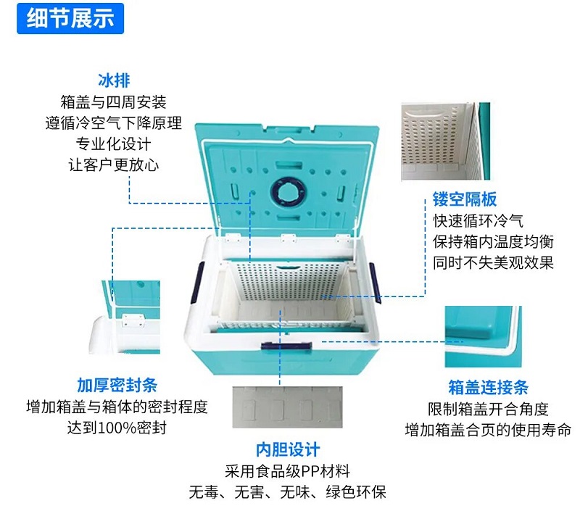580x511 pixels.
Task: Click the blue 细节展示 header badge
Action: tap(70, 19)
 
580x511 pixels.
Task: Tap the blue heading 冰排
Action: tap(114, 80)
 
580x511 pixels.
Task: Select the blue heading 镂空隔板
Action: tap(465, 199)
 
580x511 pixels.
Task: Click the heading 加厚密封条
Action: tap(117, 386)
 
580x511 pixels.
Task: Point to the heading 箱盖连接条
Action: tap(488, 388)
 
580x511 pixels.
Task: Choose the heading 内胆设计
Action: tap(288, 449)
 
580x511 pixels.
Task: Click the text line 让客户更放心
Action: tap(114, 165)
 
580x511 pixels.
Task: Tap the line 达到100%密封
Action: tap(117, 428)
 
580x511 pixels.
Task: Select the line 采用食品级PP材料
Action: tap(287, 471)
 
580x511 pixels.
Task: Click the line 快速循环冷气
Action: tap(478, 221)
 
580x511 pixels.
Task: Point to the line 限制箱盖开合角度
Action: tap(488, 409)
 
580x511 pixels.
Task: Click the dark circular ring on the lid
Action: tap(288, 192)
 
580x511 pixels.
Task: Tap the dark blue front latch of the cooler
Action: tap(286, 346)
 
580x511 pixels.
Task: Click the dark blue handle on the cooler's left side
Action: tap(198, 283)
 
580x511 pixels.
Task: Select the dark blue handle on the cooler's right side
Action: tap(375, 283)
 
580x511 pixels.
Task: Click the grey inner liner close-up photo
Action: tap(287, 407)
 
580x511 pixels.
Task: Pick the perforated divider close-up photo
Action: tap(446, 141)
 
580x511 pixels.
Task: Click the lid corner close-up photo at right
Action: tap(483, 336)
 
